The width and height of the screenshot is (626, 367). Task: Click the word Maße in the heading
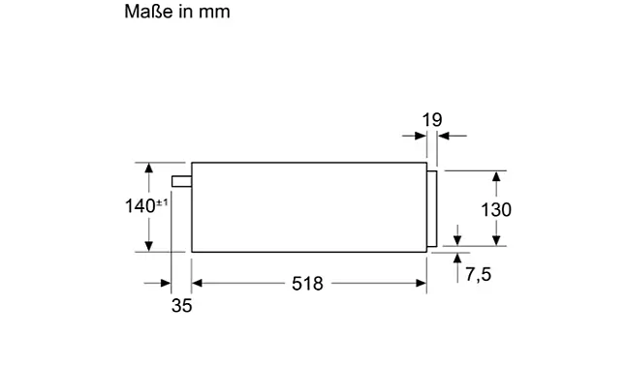pyautogui.click(x=149, y=12)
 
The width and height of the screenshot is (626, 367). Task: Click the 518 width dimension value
pyautogui.click(x=307, y=284)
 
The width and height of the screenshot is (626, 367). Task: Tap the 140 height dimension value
pyautogui.click(x=140, y=206)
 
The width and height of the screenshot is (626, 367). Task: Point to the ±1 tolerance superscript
pyautogui.click(x=162, y=202)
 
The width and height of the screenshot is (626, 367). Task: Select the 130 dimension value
pyautogui.click(x=496, y=210)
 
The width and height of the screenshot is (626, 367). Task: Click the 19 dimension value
pyautogui.click(x=432, y=120)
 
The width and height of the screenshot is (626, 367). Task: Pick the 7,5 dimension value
pyautogui.click(x=479, y=274)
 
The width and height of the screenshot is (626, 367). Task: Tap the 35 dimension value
pyautogui.click(x=181, y=306)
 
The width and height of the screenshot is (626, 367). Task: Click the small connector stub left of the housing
pyautogui.click(x=181, y=181)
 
